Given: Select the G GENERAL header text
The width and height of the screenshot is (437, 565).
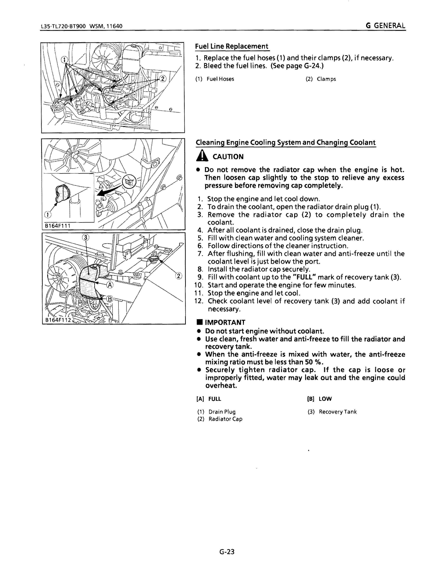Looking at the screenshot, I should click(x=385, y=26).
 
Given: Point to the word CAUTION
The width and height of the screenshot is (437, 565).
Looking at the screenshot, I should click(x=228, y=157).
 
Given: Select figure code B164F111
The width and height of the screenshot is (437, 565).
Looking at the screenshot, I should click(x=57, y=226).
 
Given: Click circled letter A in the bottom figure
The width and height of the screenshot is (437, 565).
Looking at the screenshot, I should click(x=110, y=285).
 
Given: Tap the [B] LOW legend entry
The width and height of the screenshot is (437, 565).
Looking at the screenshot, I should click(x=320, y=399).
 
